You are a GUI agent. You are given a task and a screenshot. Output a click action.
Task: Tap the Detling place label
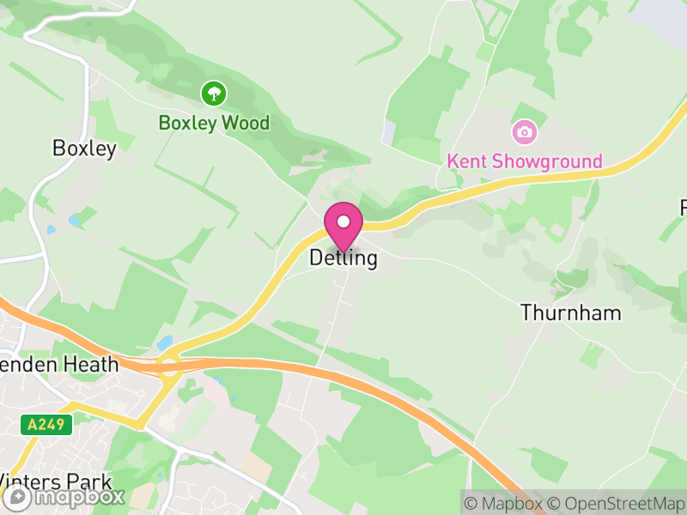(343, 258)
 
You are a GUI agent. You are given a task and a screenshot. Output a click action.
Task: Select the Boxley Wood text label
(214, 123)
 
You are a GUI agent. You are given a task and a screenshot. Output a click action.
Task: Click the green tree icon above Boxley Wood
(213, 93)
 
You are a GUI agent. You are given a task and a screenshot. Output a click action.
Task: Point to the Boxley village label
(84, 148)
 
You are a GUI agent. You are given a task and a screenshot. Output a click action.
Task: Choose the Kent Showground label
(525, 161)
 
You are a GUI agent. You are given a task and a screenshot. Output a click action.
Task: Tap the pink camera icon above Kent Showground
(524, 132)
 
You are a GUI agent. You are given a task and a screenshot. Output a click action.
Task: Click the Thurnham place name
(570, 312)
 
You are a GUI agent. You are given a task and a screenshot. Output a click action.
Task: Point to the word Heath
(89, 364)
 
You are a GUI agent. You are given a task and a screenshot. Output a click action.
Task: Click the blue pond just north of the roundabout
(164, 342)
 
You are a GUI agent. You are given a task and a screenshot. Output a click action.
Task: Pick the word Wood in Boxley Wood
(246, 123)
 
